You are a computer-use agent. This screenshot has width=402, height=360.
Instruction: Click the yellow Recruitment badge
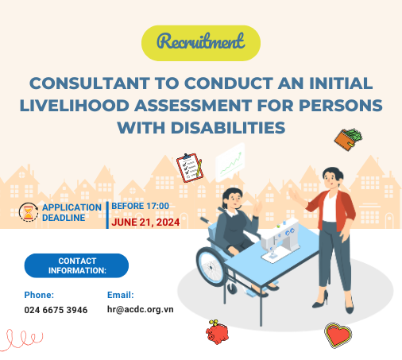(x=201, y=43)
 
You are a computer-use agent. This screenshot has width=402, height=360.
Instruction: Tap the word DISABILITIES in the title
(x=228, y=128)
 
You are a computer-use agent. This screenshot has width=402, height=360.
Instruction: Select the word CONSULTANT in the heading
(x=90, y=83)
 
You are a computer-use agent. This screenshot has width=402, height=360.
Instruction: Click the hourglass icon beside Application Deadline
(x=29, y=212)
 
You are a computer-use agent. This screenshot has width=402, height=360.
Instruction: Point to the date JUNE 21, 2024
(x=145, y=223)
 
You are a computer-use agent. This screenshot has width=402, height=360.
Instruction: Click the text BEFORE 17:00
(x=140, y=206)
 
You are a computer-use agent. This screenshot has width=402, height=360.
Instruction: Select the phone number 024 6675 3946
(x=56, y=310)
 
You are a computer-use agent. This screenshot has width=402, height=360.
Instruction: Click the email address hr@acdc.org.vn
(x=140, y=309)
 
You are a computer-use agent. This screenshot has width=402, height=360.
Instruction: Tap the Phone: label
(x=39, y=295)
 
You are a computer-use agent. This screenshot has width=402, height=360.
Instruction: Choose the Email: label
(x=121, y=295)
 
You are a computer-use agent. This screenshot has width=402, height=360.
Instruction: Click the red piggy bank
(x=217, y=332)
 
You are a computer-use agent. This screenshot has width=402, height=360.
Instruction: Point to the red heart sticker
(x=338, y=335)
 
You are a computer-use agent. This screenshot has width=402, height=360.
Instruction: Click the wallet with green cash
(x=348, y=139)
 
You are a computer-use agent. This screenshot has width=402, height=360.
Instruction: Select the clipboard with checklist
(x=190, y=168)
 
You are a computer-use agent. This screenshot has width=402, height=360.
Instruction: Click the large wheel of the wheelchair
(x=211, y=267)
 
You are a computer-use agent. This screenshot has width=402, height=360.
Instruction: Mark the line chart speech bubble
(x=230, y=162)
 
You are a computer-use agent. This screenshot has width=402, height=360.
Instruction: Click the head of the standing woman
(x=332, y=177)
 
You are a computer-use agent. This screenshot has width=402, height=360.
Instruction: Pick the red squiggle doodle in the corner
(x=21, y=340)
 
